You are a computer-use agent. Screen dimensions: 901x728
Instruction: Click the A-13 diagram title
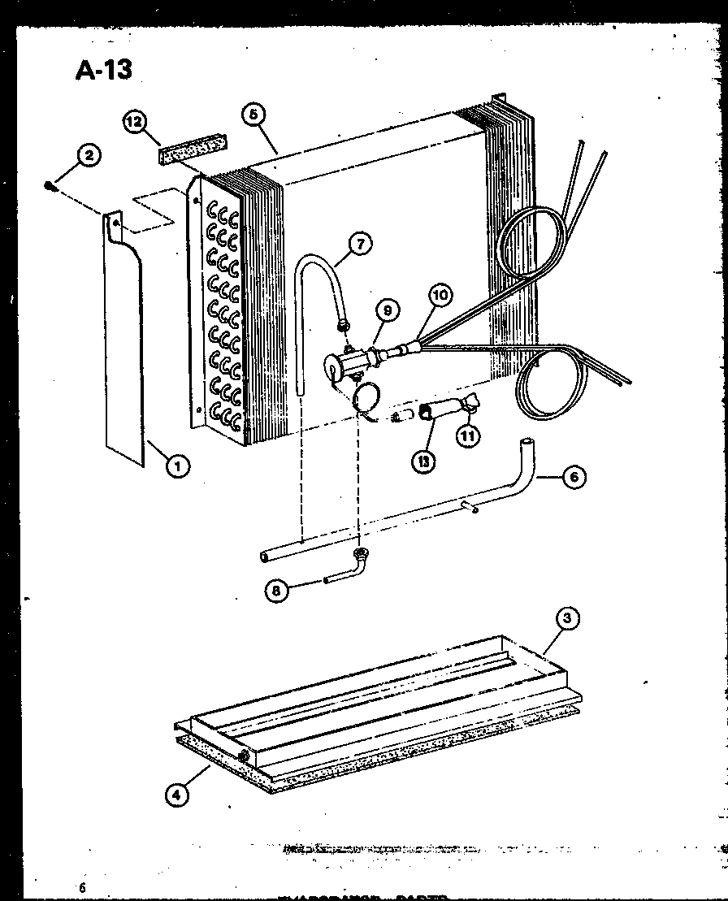pyautogui.click(x=103, y=70)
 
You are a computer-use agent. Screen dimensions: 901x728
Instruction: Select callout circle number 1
pyautogui.click(x=179, y=466)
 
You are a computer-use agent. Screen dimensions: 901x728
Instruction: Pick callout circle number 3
pyautogui.click(x=568, y=618)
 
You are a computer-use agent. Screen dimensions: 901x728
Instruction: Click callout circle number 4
pyautogui.click(x=176, y=795)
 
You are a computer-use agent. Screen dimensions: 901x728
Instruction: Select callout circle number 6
pyautogui.click(x=574, y=477)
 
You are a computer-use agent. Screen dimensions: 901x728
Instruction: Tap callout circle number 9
pyautogui.click(x=388, y=310)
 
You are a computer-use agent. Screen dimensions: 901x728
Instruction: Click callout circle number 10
pyautogui.click(x=440, y=296)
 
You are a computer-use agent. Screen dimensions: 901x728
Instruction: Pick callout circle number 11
pyautogui.click(x=468, y=435)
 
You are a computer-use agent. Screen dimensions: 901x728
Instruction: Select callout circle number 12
pyautogui.click(x=135, y=122)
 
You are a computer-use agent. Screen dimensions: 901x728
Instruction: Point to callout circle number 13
pyautogui.click(x=425, y=461)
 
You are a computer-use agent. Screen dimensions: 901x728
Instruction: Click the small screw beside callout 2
pyautogui.click(x=50, y=187)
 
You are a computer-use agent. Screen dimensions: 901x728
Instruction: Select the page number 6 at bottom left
pyautogui.click(x=82, y=887)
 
